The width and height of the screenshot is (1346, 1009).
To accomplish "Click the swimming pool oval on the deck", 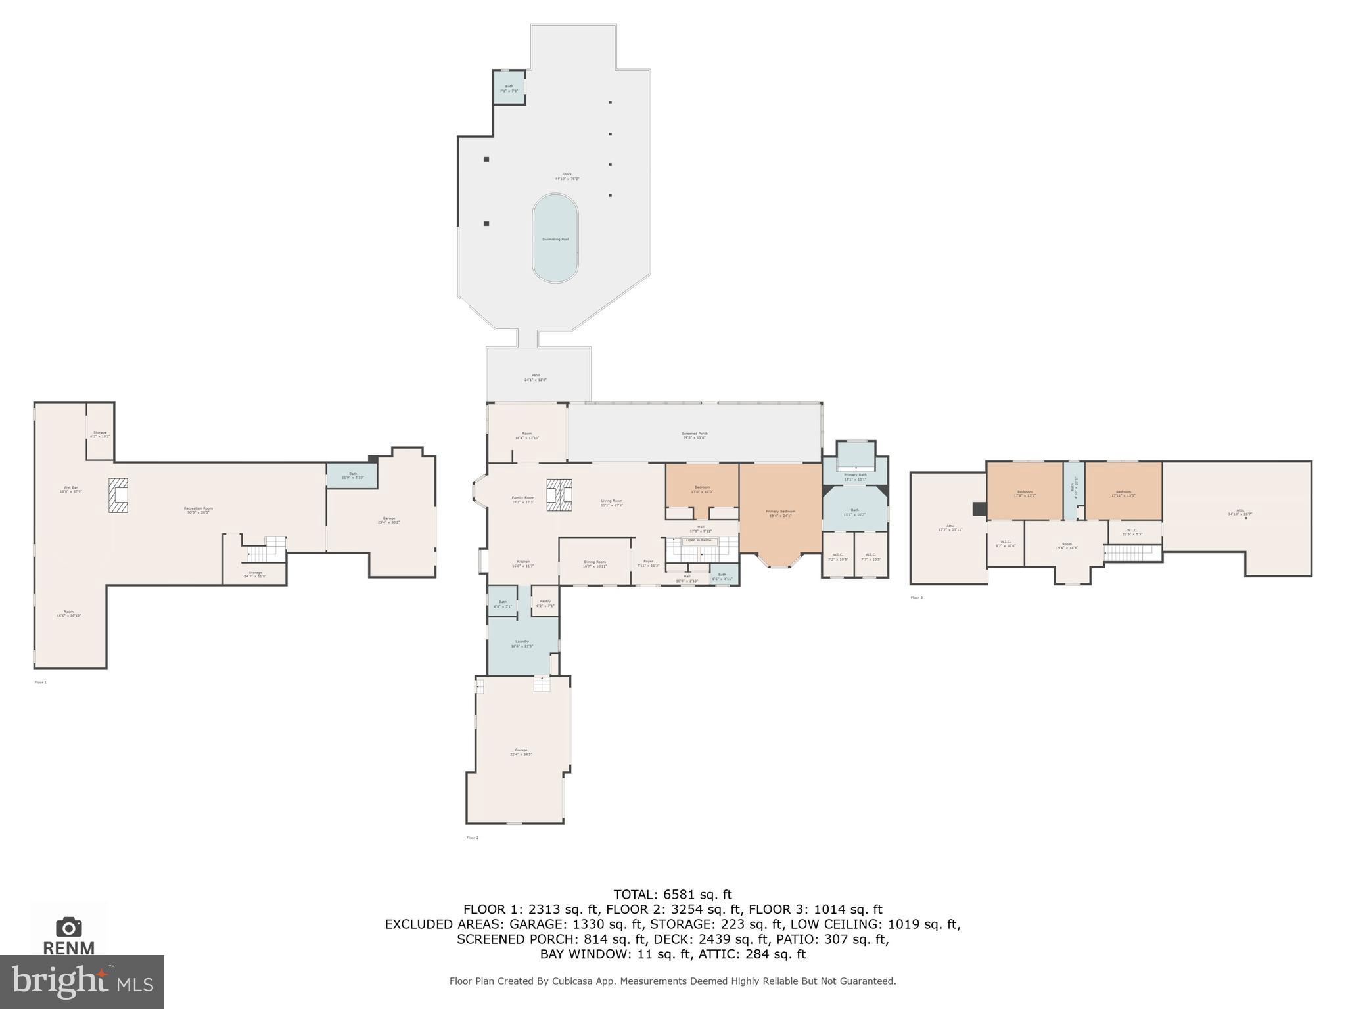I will coord(555,239).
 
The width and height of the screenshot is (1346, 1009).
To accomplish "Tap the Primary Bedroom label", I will coord(780,512).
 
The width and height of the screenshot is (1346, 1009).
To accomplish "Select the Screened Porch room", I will coord(694,434).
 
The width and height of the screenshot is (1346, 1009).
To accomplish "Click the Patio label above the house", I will coord(536,376).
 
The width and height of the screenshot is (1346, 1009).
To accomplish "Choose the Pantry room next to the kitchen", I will coord(545,602).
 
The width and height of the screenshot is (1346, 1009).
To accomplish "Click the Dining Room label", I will coord(595,563).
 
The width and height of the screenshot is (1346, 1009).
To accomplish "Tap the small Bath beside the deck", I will coord(509,87).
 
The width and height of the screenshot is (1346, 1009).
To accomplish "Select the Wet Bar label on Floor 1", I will coord(70,488).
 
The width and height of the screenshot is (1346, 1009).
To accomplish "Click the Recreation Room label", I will coord(198,509).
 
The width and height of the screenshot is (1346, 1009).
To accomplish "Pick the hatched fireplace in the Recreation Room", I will coord(119,495).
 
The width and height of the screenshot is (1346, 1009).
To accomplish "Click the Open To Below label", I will coord(699,540).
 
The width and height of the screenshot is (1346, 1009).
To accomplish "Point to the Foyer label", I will coord(648,562).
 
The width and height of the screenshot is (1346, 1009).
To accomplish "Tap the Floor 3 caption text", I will coord(916,598).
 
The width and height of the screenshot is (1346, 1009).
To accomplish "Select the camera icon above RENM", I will coord(69,928).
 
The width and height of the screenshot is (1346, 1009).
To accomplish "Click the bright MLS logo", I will coord(82,981).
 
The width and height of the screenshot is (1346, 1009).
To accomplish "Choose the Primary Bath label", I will coord(855,476).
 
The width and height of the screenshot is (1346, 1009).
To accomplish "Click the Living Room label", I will coord(611,502).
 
